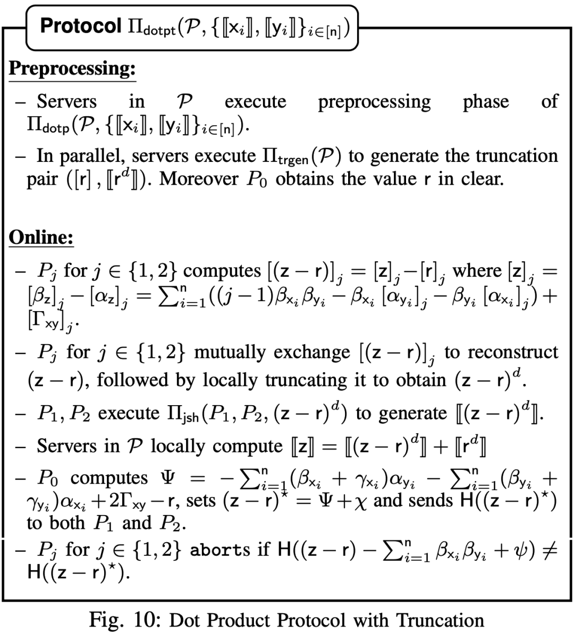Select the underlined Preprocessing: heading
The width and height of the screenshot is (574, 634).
(72, 68)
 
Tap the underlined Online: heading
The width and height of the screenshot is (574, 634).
(41, 237)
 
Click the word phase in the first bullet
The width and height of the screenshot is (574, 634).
(486, 101)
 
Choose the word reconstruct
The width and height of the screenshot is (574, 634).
(512, 353)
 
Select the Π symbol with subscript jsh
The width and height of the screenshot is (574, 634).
(168, 413)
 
